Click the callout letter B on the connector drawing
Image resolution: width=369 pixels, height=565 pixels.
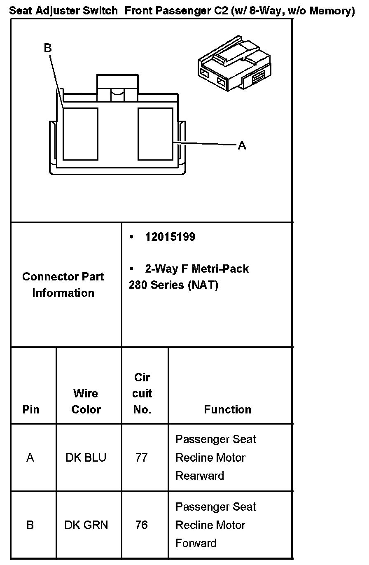[48, 48]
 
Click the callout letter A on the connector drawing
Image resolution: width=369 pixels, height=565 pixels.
[242, 145]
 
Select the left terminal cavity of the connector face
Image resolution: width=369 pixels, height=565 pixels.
[80, 134]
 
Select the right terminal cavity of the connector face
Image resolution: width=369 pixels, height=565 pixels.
[155, 134]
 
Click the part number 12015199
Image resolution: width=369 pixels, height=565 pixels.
[170, 237]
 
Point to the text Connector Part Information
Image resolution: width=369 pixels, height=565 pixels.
[63, 285]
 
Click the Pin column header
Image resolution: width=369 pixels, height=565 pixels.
[31, 409]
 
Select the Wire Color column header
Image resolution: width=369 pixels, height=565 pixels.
[86, 401]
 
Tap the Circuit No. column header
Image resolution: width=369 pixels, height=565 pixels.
[142, 393]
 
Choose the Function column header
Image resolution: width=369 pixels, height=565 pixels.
[227, 409]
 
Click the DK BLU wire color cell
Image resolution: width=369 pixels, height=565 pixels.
[86, 458]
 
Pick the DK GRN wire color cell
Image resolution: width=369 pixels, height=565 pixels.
[86, 525]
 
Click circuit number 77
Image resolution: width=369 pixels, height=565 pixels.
[141, 458]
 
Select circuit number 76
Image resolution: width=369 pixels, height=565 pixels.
[141, 525]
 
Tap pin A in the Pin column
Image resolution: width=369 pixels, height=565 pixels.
[30, 458]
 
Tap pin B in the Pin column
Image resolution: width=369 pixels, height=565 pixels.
[30, 525]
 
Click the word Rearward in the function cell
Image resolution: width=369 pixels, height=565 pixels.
[200, 476]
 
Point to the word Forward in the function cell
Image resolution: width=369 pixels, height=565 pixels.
[196, 543]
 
